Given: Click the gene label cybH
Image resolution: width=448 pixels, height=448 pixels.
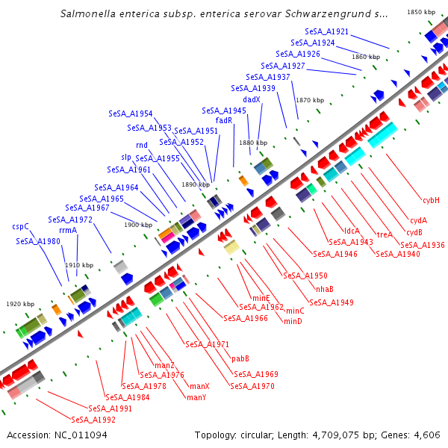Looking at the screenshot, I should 431,200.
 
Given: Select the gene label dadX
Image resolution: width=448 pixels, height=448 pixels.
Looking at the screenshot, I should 252,99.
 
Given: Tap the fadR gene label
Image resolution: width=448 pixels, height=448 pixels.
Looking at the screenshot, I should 224,120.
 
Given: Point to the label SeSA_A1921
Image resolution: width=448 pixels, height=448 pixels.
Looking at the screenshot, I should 326,31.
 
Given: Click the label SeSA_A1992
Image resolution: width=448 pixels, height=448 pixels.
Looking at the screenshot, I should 93,420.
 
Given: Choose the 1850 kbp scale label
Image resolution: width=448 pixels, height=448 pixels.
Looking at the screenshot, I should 420,13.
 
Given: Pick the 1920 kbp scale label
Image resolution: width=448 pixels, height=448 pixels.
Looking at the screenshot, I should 20,304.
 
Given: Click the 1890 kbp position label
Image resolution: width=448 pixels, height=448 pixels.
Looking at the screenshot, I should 195,184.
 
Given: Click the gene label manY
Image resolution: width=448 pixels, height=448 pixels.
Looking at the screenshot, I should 196,397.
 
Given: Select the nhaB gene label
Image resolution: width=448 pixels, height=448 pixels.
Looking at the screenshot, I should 324,289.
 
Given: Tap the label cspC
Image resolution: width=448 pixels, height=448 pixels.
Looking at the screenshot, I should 20,226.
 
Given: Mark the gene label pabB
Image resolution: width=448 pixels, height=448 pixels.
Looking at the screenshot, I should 240,358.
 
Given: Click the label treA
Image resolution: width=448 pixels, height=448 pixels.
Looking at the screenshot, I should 385,234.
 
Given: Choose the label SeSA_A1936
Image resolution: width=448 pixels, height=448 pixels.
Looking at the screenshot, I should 422,245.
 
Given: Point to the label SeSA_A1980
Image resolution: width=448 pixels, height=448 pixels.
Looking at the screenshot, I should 38,241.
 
